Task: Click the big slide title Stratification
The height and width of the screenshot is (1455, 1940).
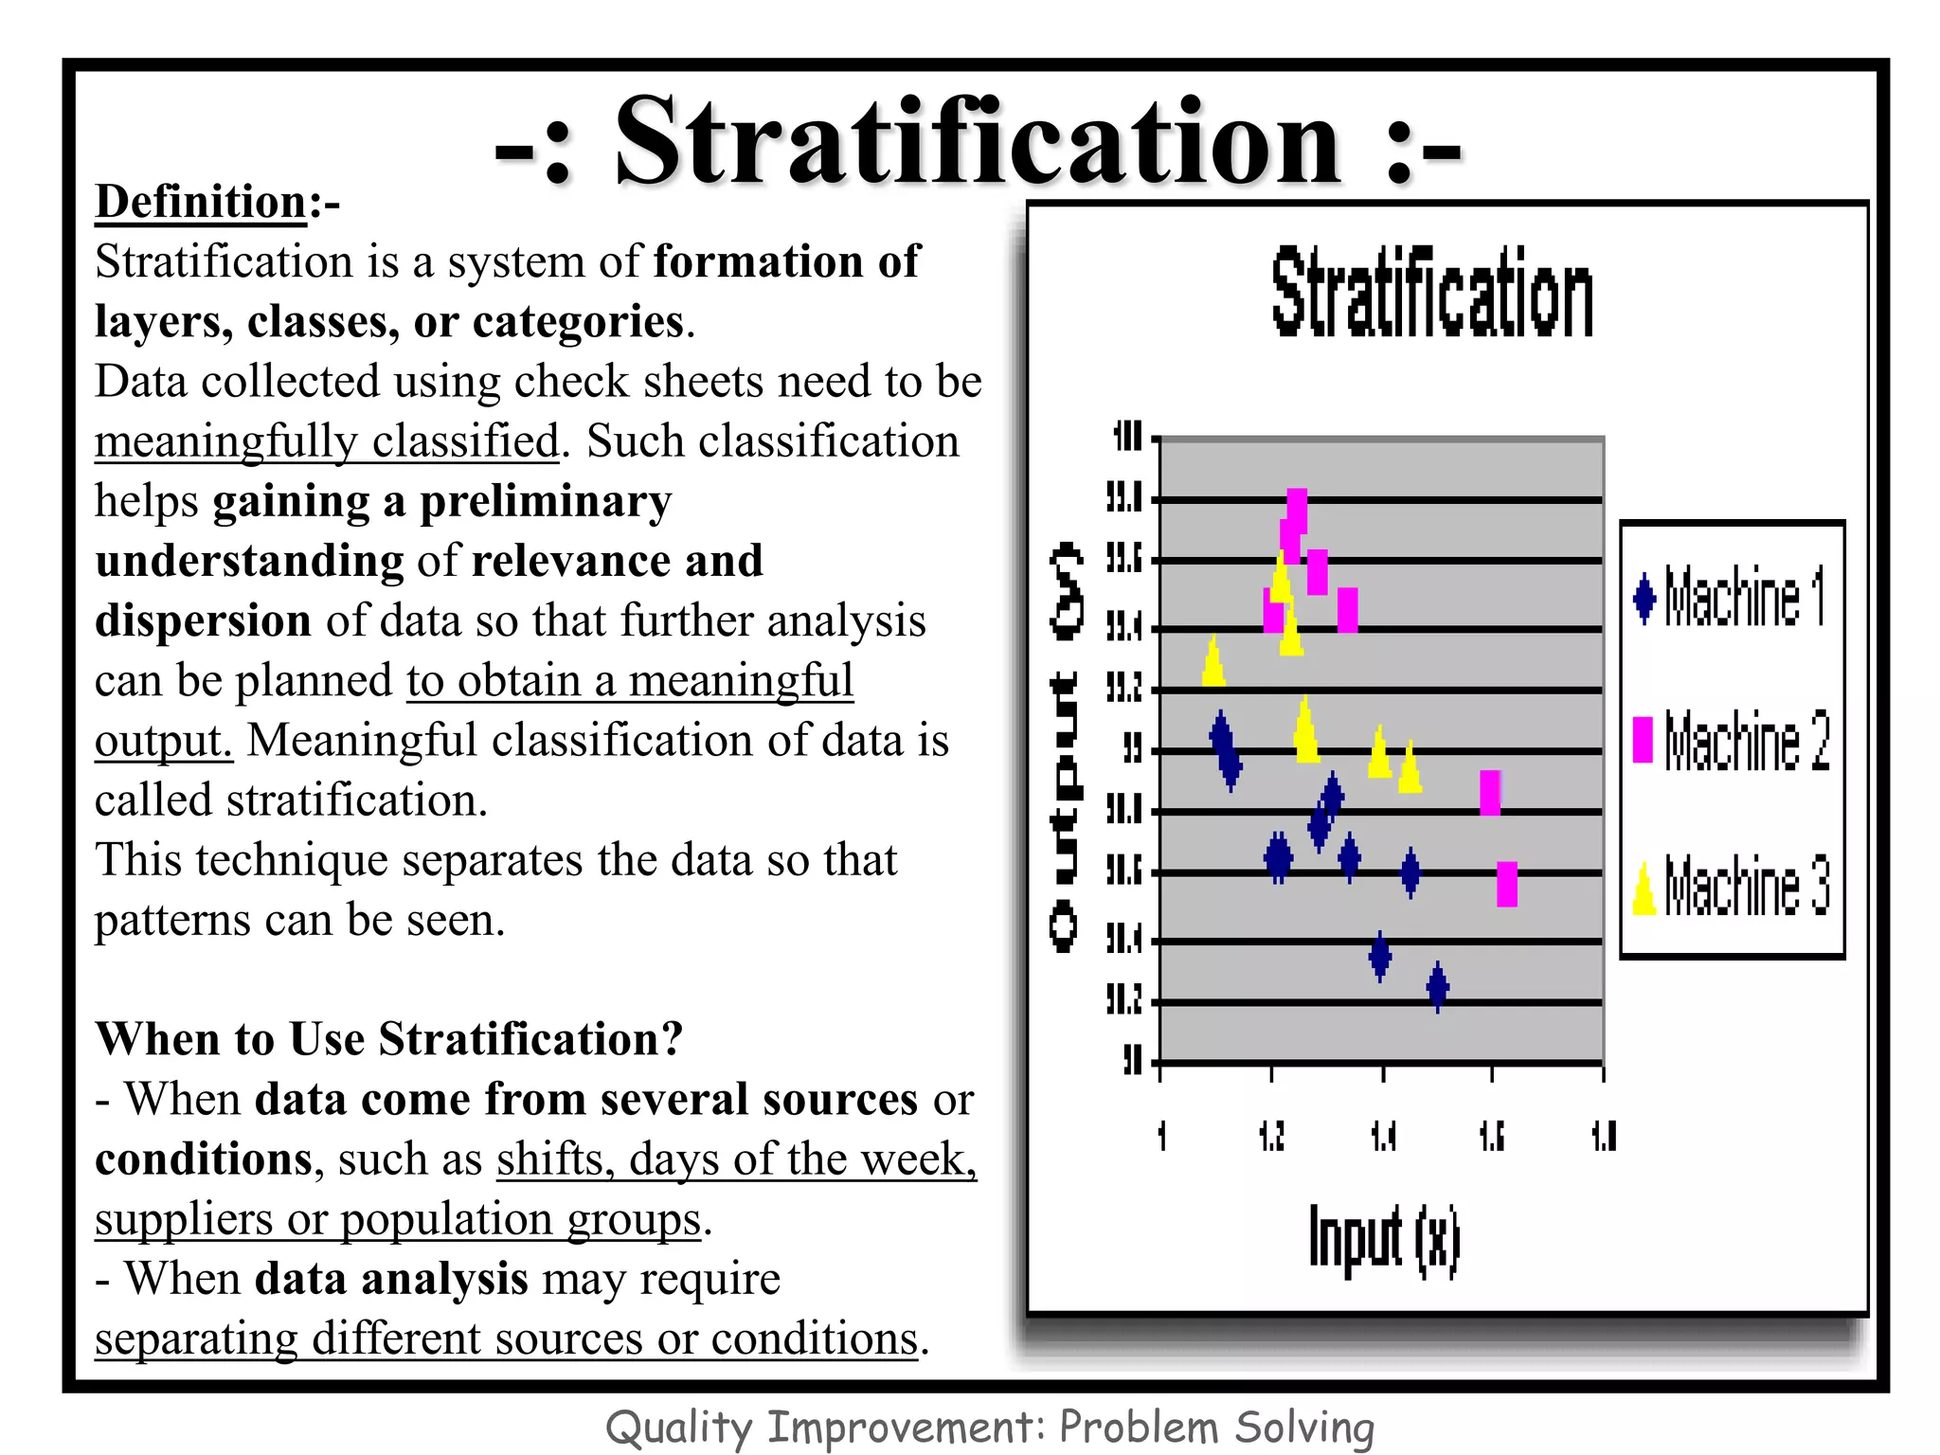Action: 978,144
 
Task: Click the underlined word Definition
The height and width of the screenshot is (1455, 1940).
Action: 201,203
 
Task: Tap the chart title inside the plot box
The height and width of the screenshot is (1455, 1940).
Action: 1431,294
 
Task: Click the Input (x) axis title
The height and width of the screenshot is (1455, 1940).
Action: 1384,1239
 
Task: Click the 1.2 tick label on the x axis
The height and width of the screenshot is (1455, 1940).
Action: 1271,1135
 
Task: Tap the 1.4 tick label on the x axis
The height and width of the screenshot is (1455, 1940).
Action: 1383,1135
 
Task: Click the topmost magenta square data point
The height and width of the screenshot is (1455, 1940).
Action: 1297,511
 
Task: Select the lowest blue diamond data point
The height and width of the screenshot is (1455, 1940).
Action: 1438,987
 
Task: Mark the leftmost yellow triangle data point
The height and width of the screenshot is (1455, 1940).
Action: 1213,661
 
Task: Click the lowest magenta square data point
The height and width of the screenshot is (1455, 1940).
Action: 1507,884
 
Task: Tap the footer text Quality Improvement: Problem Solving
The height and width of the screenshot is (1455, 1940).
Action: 989,1427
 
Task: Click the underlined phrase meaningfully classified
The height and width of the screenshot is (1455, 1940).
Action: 327,441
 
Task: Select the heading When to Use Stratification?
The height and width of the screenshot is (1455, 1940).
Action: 389,1039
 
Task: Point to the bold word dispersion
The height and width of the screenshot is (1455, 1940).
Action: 203,621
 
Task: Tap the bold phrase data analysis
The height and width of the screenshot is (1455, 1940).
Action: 391,1280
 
